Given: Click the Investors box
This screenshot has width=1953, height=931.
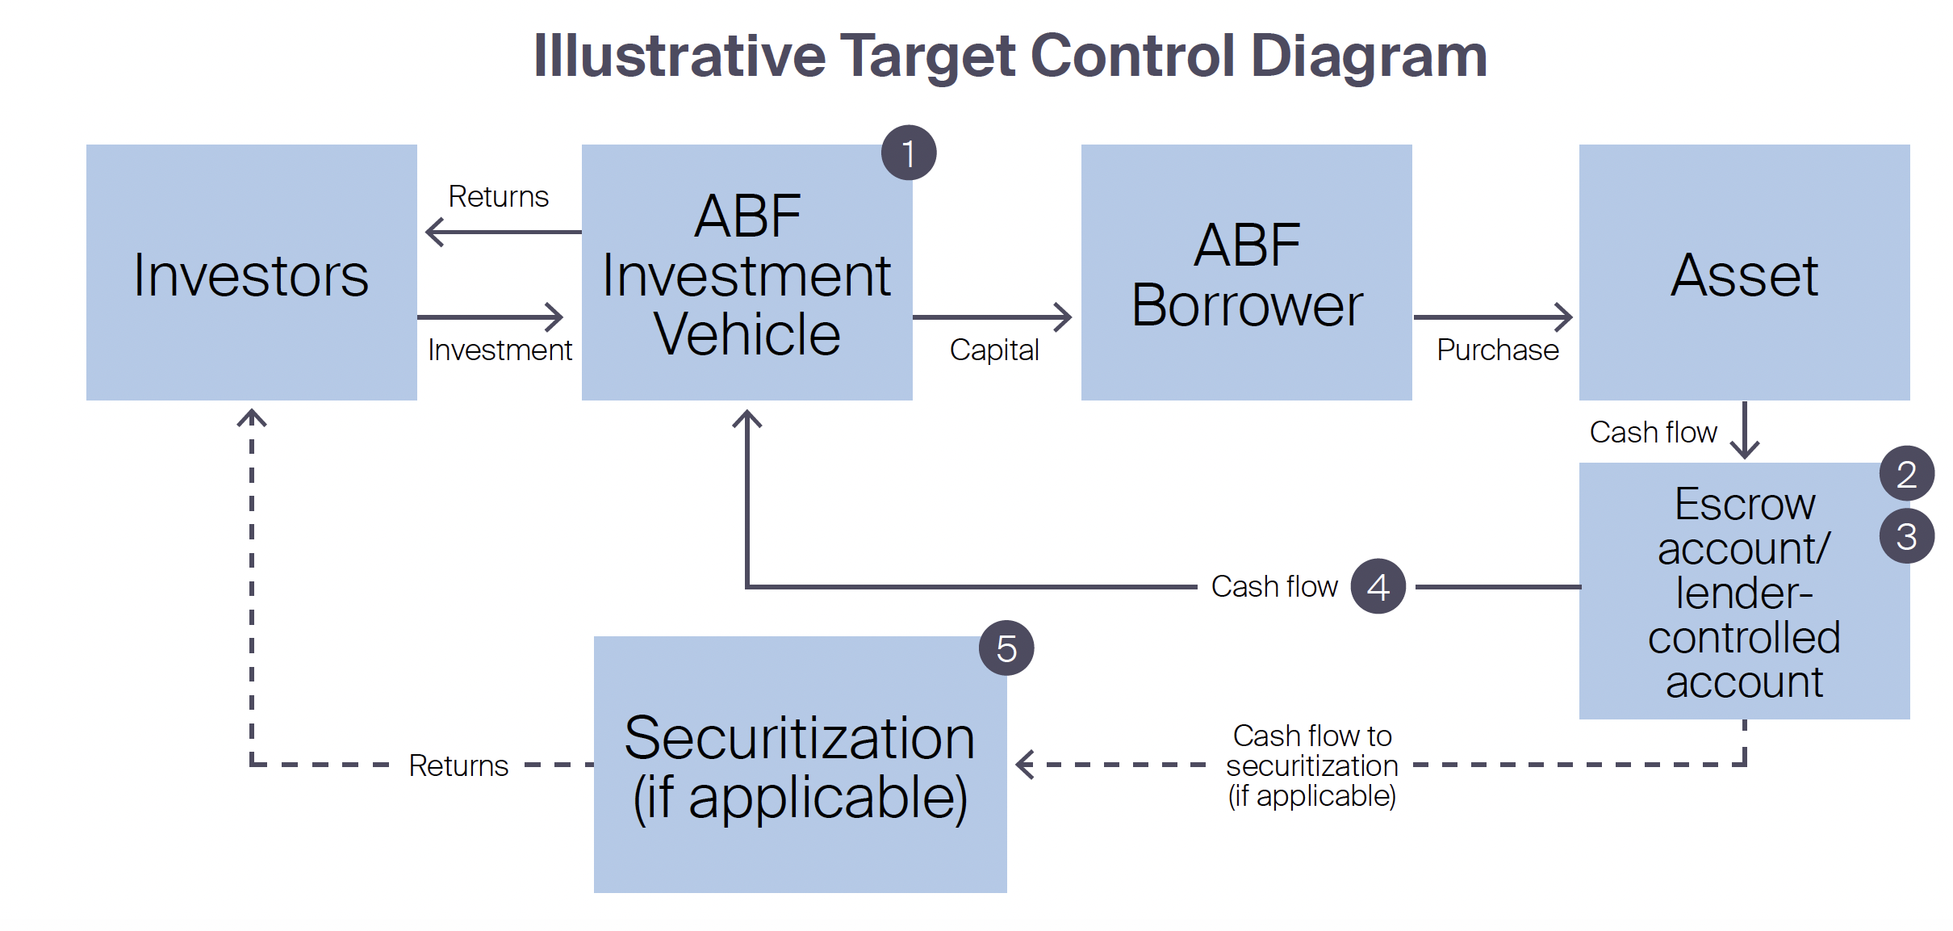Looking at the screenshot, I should coord(251,273).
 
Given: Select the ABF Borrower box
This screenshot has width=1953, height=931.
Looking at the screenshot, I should coord(1246,273).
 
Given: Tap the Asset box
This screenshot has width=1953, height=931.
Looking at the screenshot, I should coord(1744,273).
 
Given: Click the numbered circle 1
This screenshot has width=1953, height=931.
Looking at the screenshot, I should coord(909,153).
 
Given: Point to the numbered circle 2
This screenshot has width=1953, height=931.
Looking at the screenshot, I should coord(1906,474).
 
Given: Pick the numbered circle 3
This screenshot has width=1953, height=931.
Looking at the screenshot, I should coord(1906,536).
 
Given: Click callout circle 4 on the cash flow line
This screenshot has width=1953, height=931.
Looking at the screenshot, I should coord(1378,586).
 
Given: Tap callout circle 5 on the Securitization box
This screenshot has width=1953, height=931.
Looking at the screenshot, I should coord(1006,648).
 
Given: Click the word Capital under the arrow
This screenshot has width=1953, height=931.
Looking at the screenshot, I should coord(993,350).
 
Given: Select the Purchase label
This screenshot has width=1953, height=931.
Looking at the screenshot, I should coord(1497,350).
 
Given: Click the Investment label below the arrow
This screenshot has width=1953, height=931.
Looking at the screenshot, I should coord(500,350).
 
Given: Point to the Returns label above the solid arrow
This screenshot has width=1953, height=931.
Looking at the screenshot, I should coord(498,196).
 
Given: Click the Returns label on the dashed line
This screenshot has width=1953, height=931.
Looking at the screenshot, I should coord(458,765).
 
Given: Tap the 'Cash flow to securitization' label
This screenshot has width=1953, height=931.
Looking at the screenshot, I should coord(1311,765).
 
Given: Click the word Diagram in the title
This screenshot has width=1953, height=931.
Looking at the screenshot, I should coord(1368,57).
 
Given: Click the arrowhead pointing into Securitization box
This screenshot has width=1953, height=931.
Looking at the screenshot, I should coord(1025,764).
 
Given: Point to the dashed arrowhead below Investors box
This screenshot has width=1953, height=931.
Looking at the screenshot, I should coord(252,419).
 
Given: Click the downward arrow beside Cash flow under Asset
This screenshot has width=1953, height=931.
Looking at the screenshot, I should coord(1745,432).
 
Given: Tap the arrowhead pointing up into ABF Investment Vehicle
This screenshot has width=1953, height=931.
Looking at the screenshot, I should coord(747,420).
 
